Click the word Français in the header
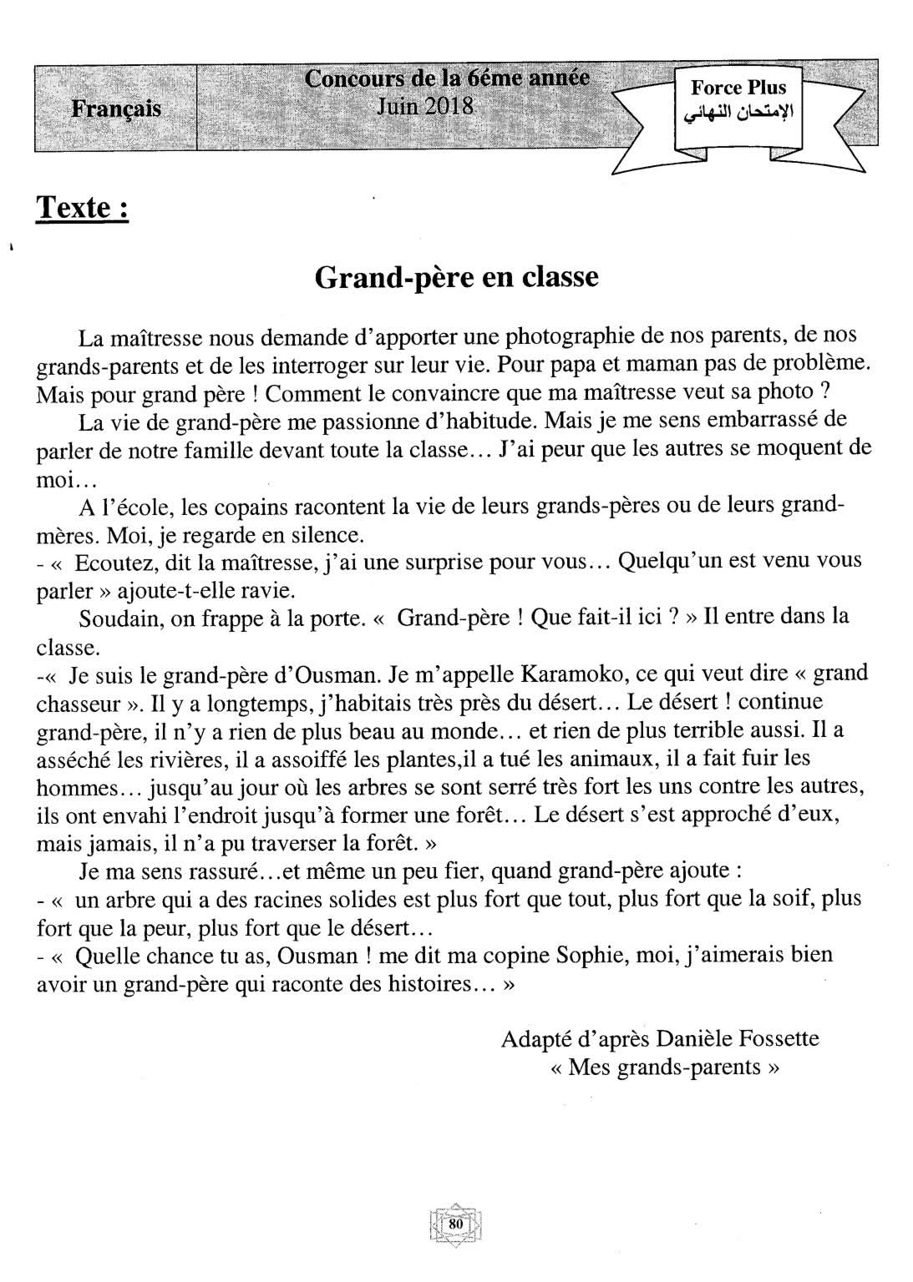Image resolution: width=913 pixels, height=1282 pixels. pyautogui.click(x=116, y=109)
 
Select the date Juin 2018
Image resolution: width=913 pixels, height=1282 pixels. pyautogui.click(x=424, y=107)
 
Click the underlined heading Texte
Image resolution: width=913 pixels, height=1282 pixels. pyautogui.click(x=82, y=207)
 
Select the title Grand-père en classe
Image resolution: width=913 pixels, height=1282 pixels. pyautogui.click(x=456, y=276)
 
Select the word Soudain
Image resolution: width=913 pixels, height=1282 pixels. pyautogui.click(x=113, y=618)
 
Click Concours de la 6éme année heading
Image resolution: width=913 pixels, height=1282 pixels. pyautogui.click(x=447, y=79)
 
